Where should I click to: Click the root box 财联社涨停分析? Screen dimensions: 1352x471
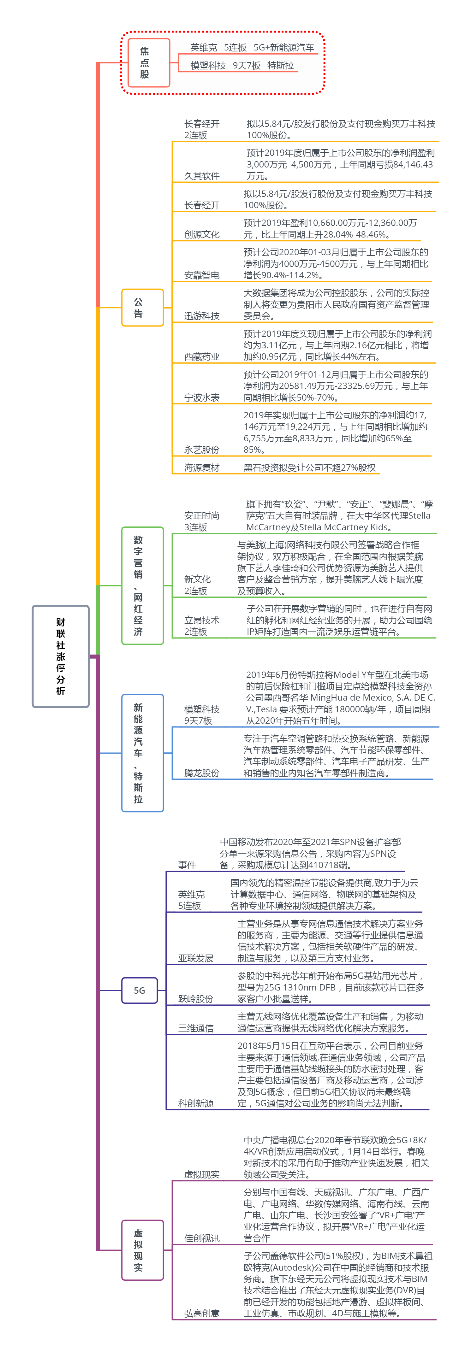pyautogui.click(x=60, y=656)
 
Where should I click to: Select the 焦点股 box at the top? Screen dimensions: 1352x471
pyautogui.click(x=149, y=62)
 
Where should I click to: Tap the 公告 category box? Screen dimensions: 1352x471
pyautogui.click(x=142, y=308)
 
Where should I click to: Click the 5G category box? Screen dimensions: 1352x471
pyautogui.click(x=139, y=990)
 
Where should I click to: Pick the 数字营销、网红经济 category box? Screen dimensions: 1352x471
pyautogui.click(x=142, y=585)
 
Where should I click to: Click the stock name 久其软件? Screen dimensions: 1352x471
pyautogui.click(x=202, y=176)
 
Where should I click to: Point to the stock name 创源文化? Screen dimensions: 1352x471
pyautogui.click(x=202, y=234)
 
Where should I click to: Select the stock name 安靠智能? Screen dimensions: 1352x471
pyautogui.click(x=202, y=275)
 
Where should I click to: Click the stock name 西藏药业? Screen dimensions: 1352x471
pyautogui.click(x=202, y=357)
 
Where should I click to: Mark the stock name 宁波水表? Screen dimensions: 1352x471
pyautogui.click(x=202, y=398)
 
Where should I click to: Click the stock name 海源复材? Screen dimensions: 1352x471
pyautogui.click(x=202, y=467)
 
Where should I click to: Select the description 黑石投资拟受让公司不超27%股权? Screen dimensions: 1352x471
pyautogui.click(x=309, y=467)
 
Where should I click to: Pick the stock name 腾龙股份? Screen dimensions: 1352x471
pyautogui.click(x=202, y=773)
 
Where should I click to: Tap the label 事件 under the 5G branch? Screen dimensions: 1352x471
pyautogui.click(x=187, y=865)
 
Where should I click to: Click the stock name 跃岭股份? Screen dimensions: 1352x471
pyautogui.click(x=195, y=999)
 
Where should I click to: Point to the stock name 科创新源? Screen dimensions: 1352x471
pyautogui.click(x=195, y=1103)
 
